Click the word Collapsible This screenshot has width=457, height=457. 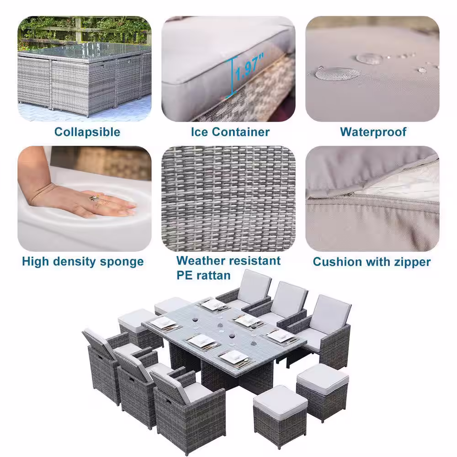[87, 132]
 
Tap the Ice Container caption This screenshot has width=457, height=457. [230, 132]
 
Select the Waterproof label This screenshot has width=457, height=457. [373, 132]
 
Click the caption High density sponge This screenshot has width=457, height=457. [83, 261]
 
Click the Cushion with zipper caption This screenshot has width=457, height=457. [372, 262]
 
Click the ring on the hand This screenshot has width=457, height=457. [95, 197]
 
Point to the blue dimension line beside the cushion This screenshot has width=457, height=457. [232, 76]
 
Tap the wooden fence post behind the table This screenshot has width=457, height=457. [78, 29]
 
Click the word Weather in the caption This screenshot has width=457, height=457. [203, 260]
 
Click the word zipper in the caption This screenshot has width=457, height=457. [412, 262]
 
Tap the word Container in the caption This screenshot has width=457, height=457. [241, 132]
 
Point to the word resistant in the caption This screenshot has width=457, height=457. [256, 260]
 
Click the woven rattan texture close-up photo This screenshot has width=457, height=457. [228, 198]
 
